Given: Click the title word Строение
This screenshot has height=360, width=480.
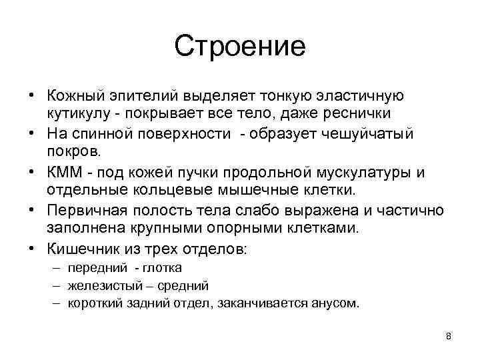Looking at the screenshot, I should (240, 47).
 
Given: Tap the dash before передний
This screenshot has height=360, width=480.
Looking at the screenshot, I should (53, 268).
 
